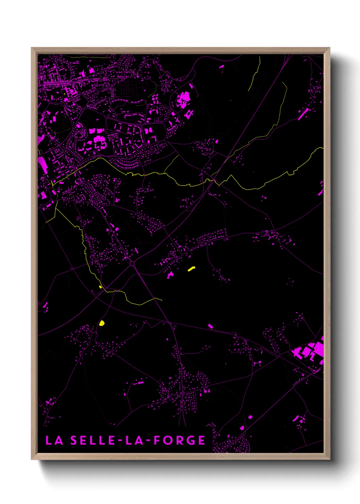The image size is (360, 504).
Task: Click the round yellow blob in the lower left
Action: point(102,323)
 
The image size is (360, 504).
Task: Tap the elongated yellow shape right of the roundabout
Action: point(191,269)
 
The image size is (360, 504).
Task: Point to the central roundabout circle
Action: point(132,263)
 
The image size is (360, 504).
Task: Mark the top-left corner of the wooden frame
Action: point(32,48)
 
